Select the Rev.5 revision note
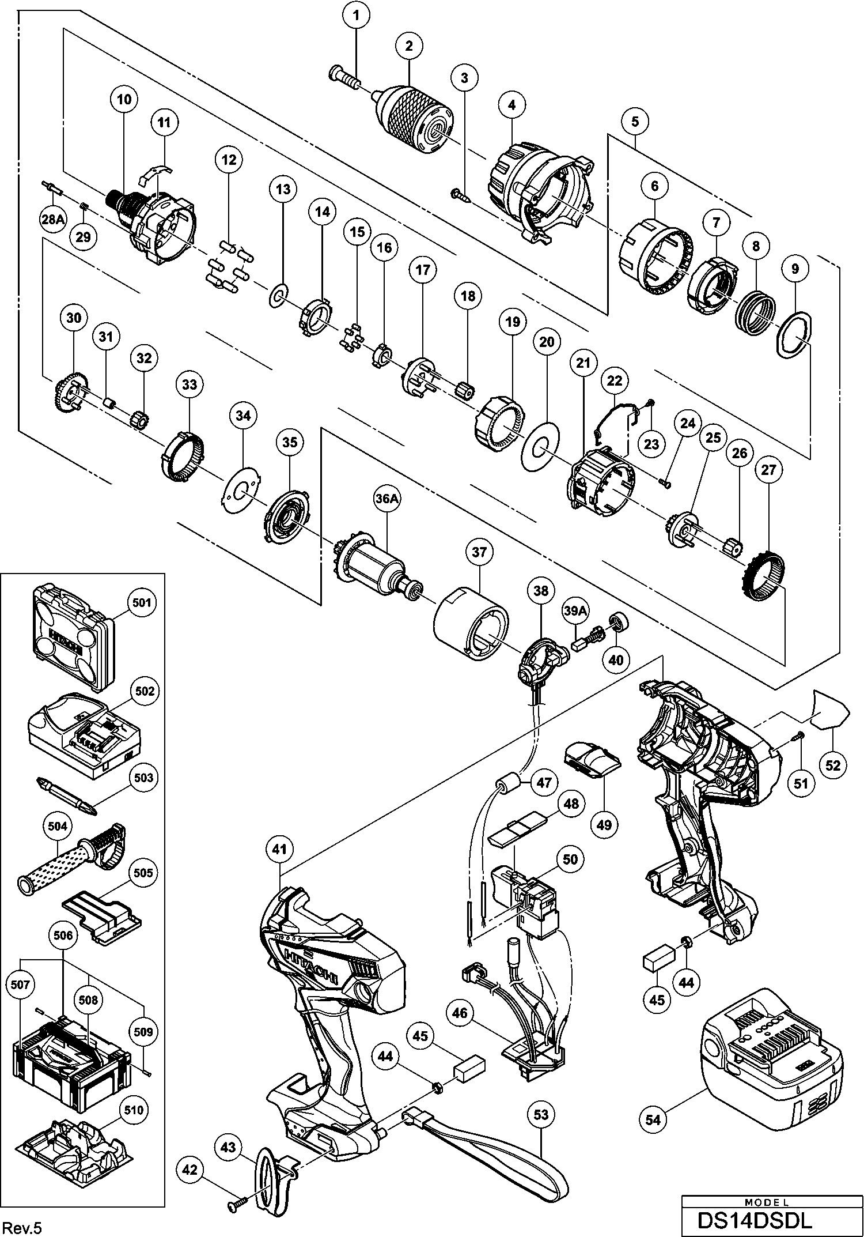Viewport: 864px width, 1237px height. (21, 1224)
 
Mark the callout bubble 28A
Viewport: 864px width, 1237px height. (52, 218)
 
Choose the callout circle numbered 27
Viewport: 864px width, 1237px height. (768, 470)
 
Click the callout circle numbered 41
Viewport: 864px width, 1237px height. (282, 849)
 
